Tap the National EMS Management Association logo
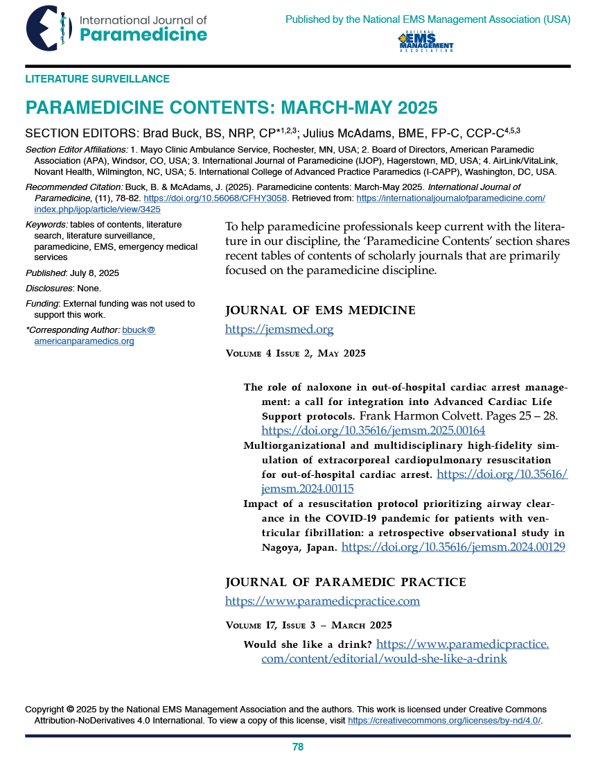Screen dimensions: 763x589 pyautogui.click(x=425, y=42)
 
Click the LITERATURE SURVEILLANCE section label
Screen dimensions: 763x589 pyautogui.click(x=97, y=79)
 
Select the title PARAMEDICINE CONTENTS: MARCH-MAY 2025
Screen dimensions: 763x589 pyautogui.click(x=231, y=108)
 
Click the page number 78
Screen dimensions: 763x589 pyautogui.click(x=298, y=747)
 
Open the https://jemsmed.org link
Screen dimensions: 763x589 pyautogui.click(x=279, y=329)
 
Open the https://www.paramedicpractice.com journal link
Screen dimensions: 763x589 pyautogui.click(x=322, y=601)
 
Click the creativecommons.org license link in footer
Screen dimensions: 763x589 pyautogui.click(x=444, y=721)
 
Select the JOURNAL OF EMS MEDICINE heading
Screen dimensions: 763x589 pyautogui.click(x=321, y=310)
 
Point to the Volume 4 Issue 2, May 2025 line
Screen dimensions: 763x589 pyautogui.click(x=296, y=354)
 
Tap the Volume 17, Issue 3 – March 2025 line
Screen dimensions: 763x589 pyautogui.click(x=309, y=625)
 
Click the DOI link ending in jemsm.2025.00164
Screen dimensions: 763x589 pyautogui.click(x=373, y=430)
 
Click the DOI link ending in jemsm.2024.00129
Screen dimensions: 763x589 pyautogui.click(x=454, y=547)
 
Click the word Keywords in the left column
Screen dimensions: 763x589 pyautogui.click(x=46, y=225)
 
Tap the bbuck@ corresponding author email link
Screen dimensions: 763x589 pyautogui.click(x=139, y=330)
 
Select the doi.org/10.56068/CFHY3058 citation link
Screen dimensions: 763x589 pyautogui.click(x=215, y=198)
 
